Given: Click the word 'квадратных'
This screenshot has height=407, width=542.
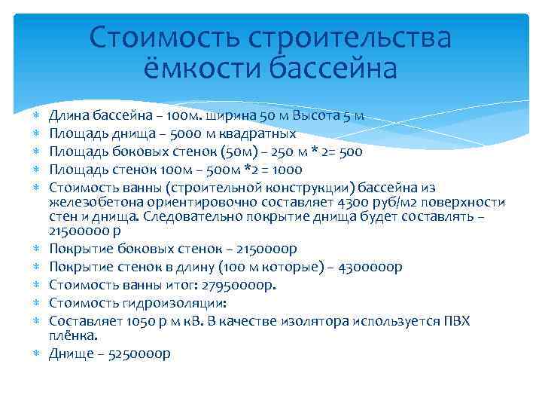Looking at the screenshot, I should tap(259, 134).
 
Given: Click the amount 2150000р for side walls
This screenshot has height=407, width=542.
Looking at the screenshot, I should tap(260, 249).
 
